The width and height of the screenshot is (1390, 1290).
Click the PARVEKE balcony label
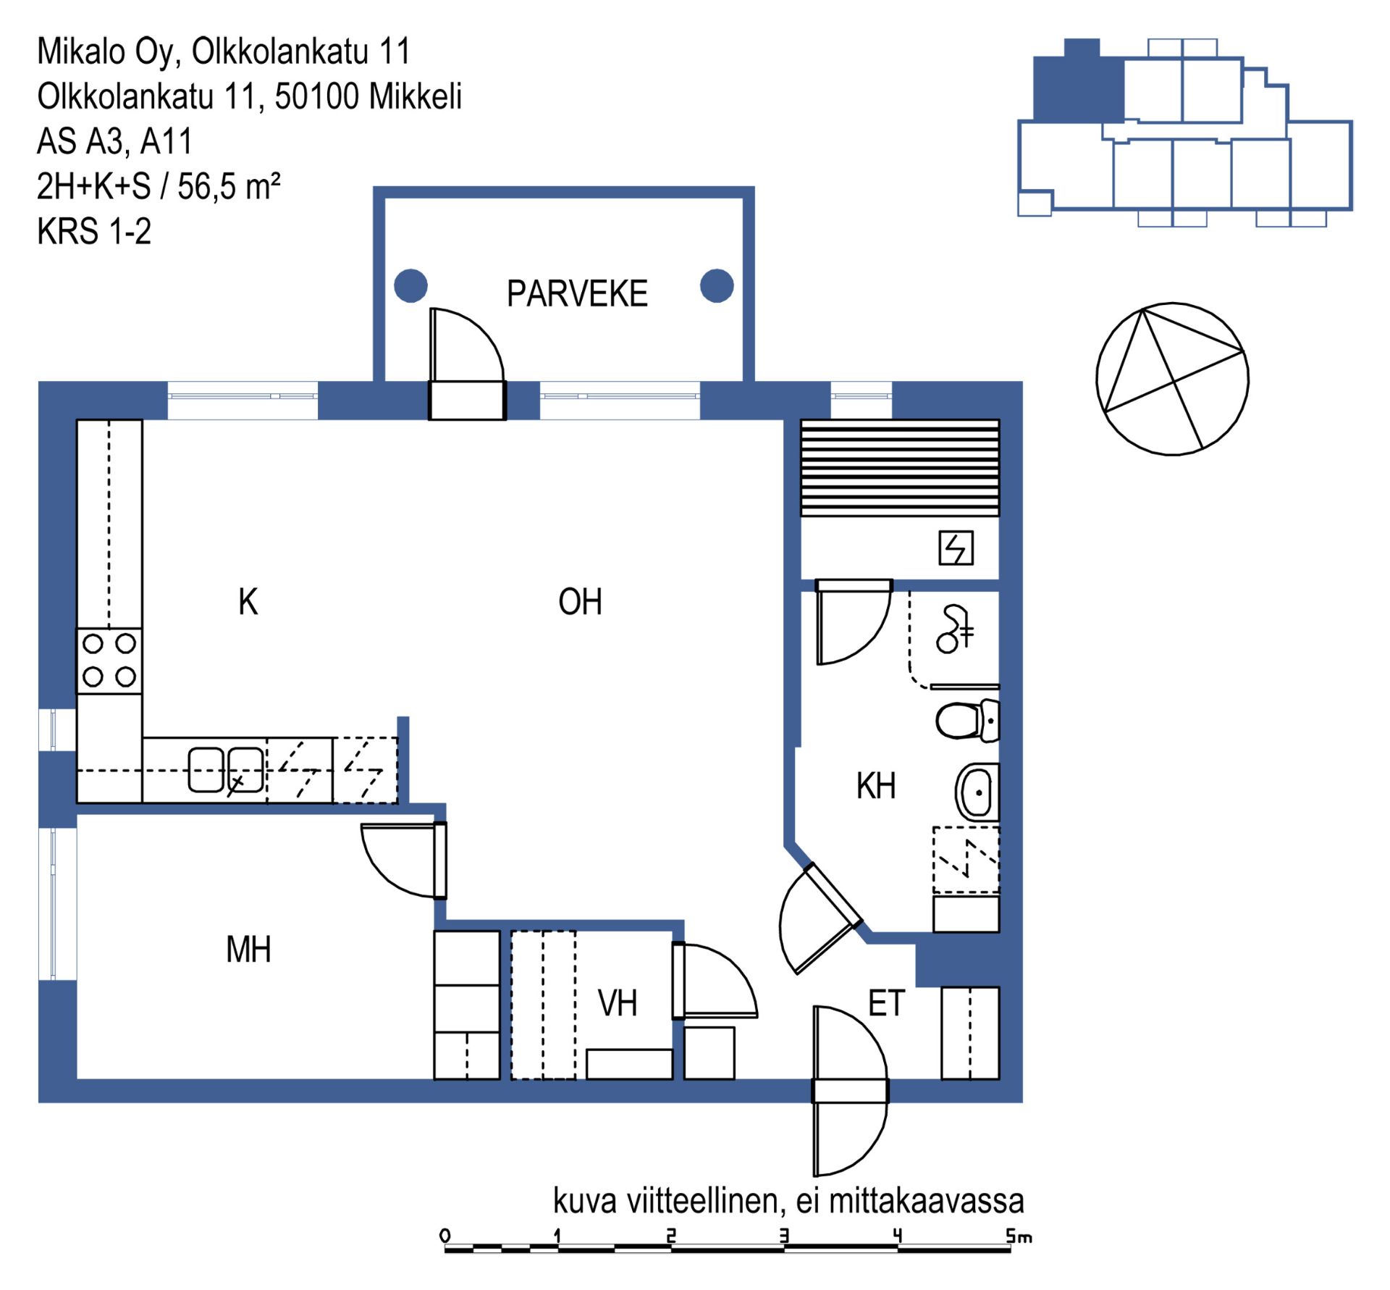click(577, 294)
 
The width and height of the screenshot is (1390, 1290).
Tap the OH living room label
click(580, 602)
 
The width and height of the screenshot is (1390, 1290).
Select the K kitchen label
click(248, 602)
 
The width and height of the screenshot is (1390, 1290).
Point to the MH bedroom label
click(248, 950)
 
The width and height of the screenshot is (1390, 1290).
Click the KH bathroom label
click(876, 786)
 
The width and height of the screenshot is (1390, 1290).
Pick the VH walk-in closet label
click(618, 1003)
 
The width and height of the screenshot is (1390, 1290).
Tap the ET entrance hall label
click(886, 1003)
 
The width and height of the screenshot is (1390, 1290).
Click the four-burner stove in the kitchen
click(109, 661)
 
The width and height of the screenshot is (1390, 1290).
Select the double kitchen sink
click(226, 770)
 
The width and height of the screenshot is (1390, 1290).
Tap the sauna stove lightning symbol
click(956, 548)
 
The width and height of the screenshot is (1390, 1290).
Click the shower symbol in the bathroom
click(955, 629)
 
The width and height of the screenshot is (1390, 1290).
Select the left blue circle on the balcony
click(410, 285)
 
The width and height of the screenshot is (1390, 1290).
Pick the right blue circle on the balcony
click(717, 285)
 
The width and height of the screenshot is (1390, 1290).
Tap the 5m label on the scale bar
click(1019, 1236)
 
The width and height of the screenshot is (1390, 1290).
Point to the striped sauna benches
click(900, 468)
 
